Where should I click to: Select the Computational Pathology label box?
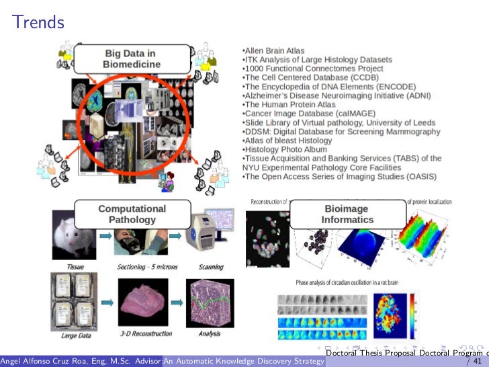click(132, 214)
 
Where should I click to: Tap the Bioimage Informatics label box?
click(347, 214)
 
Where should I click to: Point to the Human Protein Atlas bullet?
click(290, 104)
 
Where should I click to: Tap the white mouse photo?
click(75, 235)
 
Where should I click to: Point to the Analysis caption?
click(209, 333)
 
